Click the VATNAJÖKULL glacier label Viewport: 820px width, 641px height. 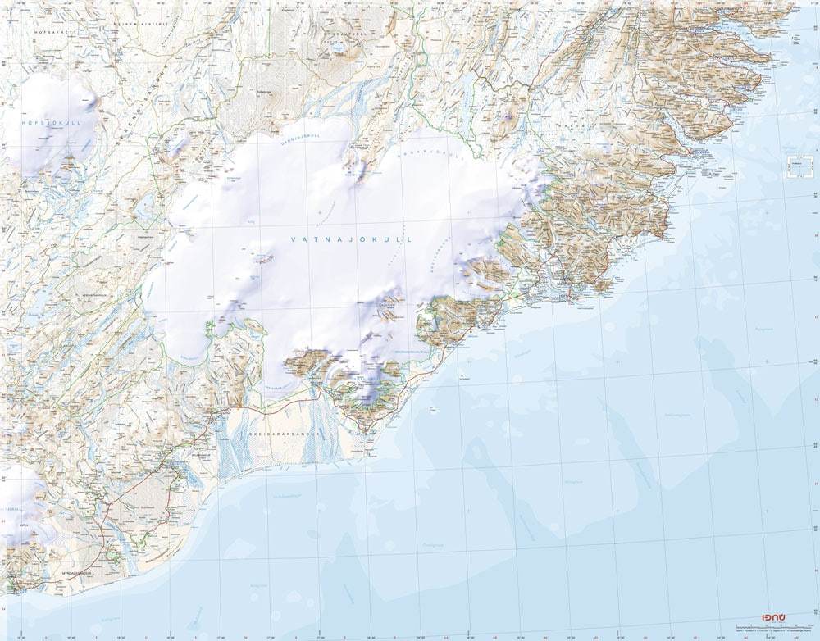pyautogui.click(x=350, y=239)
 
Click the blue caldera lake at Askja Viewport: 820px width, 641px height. pyautogui.click(x=338, y=48)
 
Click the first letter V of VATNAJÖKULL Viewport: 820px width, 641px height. pyautogui.click(x=294, y=239)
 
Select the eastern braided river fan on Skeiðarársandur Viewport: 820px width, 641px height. pyautogui.click(x=315, y=443)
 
